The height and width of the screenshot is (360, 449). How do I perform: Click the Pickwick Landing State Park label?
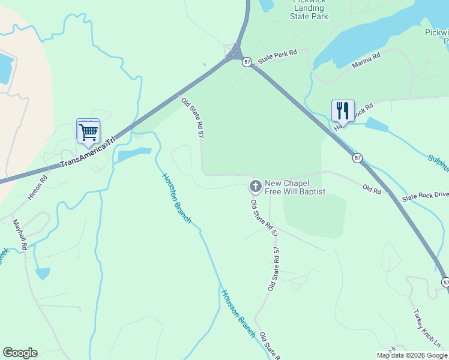tap(309, 10)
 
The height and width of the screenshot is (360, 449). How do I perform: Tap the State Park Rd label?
tap(277, 57)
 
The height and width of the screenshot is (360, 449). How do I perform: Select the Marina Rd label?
tap(366, 61)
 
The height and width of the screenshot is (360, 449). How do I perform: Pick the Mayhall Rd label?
tap(20, 235)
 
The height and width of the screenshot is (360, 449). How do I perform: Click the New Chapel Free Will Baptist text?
tap(295, 187)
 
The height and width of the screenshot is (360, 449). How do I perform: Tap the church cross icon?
tap(255, 187)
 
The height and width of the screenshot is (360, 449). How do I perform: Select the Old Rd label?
tap(372, 188)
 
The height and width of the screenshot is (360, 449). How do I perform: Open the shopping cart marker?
tap(88, 131)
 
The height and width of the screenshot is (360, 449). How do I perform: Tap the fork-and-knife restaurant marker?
tap(343, 110)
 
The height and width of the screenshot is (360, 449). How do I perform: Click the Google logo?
tap(20, 353)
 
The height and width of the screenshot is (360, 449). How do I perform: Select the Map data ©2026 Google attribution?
tap(412, 355)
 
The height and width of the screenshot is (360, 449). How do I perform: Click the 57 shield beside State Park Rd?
tap(247, 62)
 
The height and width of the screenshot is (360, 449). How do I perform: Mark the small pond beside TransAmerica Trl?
tap(134, 155)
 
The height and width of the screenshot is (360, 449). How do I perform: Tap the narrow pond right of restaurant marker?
tap(376, 125)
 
